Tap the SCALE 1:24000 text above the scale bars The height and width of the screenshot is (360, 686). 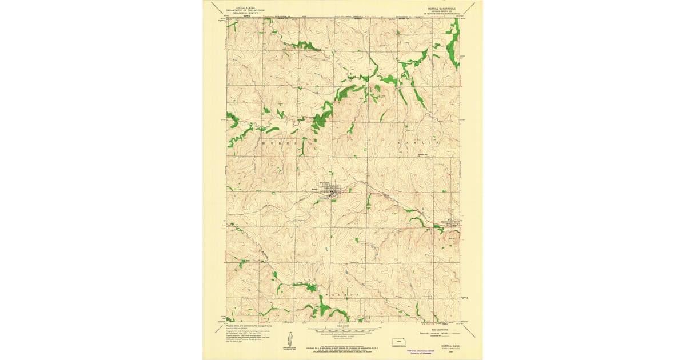[x=343, y=326]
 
